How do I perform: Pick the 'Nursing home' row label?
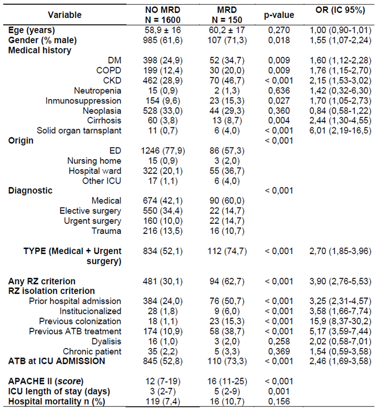(94, 161)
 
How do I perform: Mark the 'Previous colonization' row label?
(80, 321)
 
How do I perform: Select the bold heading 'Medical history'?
(40, 50)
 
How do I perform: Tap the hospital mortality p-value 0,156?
(280, 402)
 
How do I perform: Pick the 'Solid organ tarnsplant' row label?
(79, 131)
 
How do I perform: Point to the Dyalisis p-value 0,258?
(280, 342)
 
